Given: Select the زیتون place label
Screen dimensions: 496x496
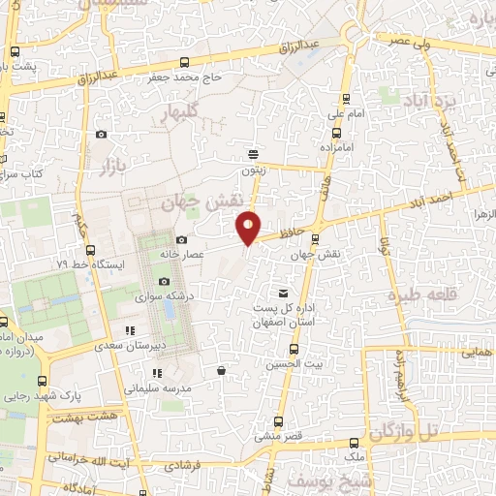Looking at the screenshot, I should pos(253,168).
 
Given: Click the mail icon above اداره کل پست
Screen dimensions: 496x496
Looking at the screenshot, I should pos(283,293).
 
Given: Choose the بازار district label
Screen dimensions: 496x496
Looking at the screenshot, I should pos(112,170).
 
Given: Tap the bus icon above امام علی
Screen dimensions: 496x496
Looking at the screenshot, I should pos(347,99).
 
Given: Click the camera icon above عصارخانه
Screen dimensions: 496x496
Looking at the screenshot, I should pos(181,239).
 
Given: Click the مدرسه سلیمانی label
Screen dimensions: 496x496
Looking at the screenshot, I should pos(155,387).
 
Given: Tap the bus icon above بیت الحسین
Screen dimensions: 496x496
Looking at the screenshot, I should pos(294,349).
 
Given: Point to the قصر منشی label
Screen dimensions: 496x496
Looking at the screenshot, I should pos(280,436).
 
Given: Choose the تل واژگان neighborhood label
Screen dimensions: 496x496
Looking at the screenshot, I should pos(433,428).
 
